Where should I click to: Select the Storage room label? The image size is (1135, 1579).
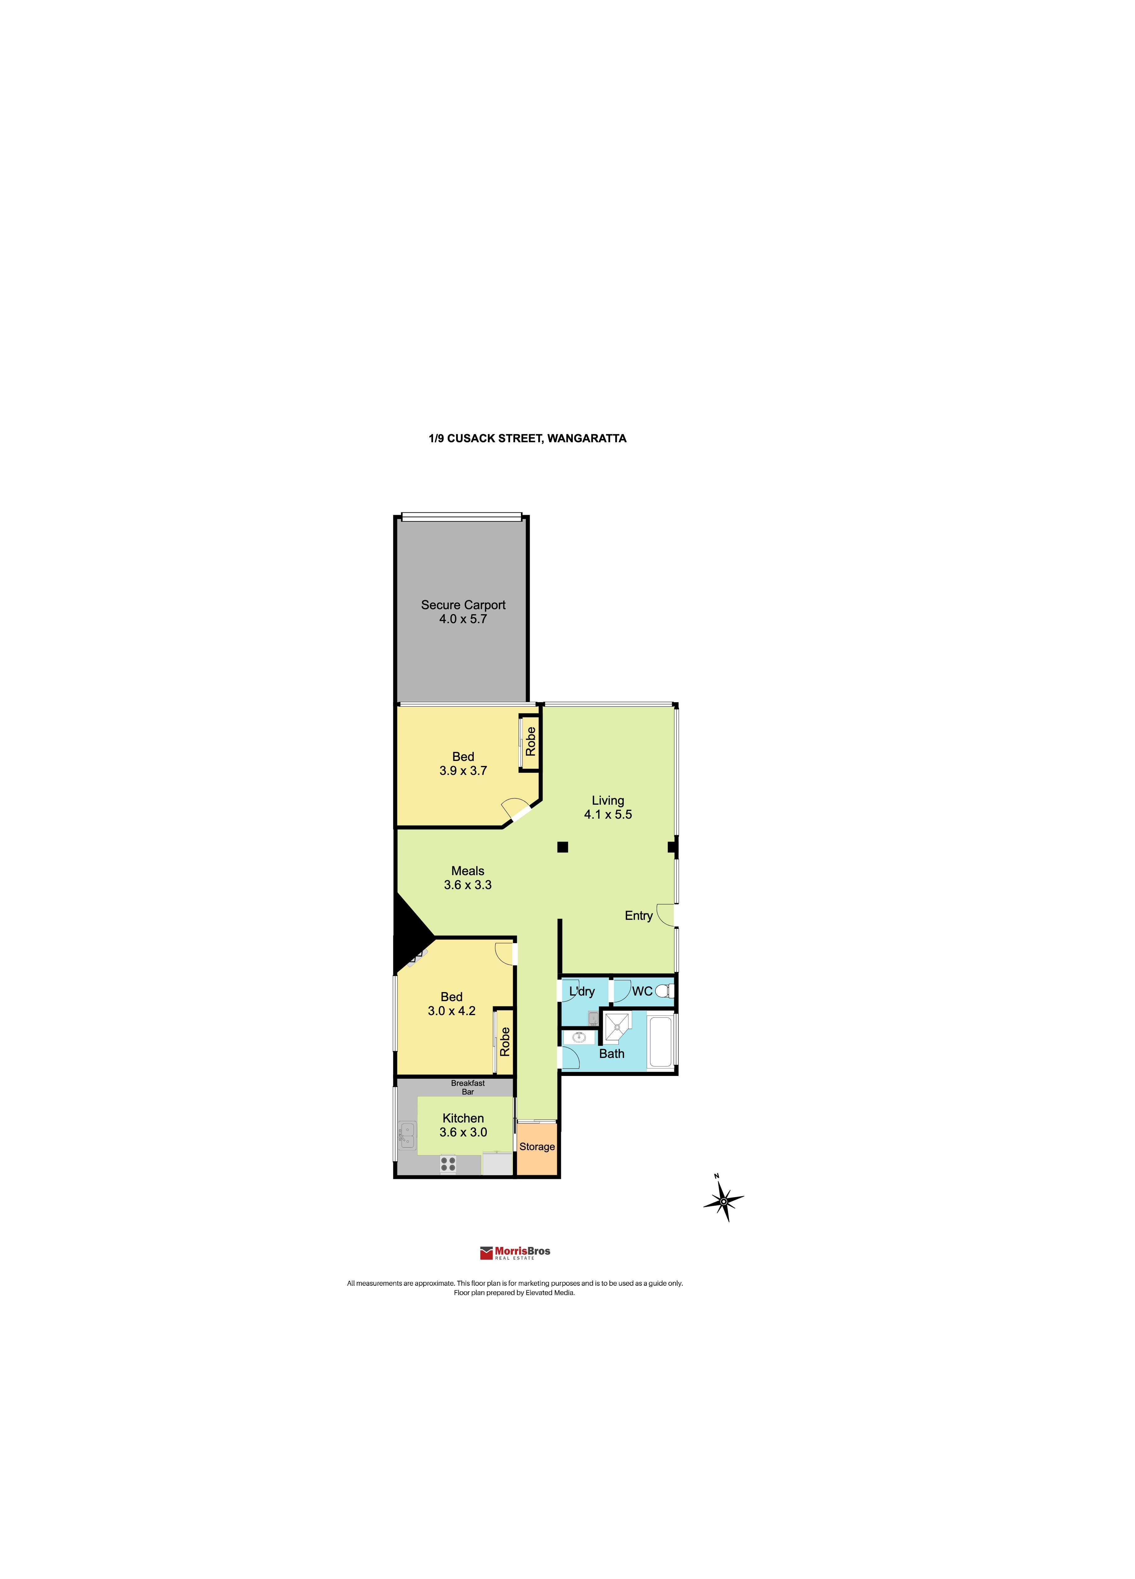point(537,1147)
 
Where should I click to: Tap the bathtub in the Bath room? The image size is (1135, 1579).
point(659,1042)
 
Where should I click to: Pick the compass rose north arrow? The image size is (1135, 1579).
point(723,1201)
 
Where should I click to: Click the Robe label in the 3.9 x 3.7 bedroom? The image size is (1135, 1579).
point(531,741)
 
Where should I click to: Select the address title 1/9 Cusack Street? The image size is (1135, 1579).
point(527,438)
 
